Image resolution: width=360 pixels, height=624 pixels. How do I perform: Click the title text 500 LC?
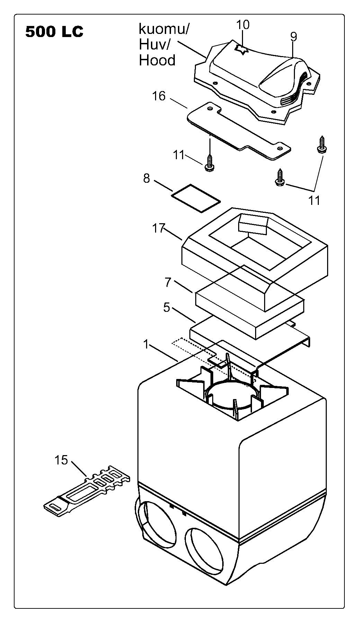coord(54,32)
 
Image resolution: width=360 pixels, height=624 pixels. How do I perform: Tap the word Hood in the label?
coord(157,61)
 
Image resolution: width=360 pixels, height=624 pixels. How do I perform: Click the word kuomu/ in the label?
coord(164,29)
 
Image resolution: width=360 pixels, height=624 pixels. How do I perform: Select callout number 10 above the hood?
coord(243,25)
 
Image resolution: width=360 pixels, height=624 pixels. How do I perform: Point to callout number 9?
coord(294,36)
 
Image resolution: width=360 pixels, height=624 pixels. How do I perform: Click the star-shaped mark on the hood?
coord(241,50)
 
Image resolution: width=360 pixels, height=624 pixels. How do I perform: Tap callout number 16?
coord(159,96)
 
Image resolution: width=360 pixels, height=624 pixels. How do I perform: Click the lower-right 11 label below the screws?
coord(314,200)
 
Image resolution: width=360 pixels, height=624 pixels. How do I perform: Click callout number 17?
coord(159,228)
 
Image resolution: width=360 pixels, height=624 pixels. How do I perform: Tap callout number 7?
coord(168,282)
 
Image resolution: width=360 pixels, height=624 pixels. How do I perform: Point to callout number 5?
coord(167,307)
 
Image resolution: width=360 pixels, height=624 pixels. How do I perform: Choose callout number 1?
coord(146,345)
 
